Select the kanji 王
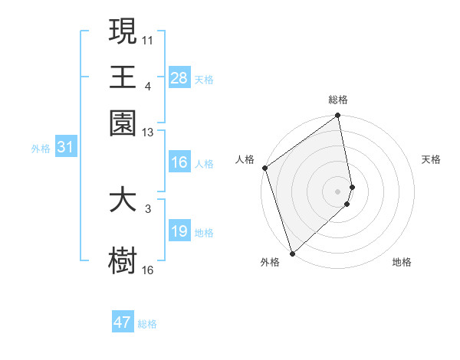tap(123, 77)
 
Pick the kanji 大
tap(123, 200)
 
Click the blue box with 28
tap(179, 78)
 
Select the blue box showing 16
tap(179, 162)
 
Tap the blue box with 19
tap(179, 231)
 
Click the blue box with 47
tap(123, 322)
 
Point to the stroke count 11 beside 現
tap(148, 38)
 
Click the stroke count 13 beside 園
tap(148, 133)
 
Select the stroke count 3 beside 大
tap(148, 208)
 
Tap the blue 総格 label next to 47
tap(147, 324)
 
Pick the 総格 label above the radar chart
tap(338, 100)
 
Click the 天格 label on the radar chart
tap(431, 159)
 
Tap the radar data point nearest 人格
tap(264, 168)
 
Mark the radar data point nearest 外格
tap(292, 253)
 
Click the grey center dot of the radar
tap(337, 190)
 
